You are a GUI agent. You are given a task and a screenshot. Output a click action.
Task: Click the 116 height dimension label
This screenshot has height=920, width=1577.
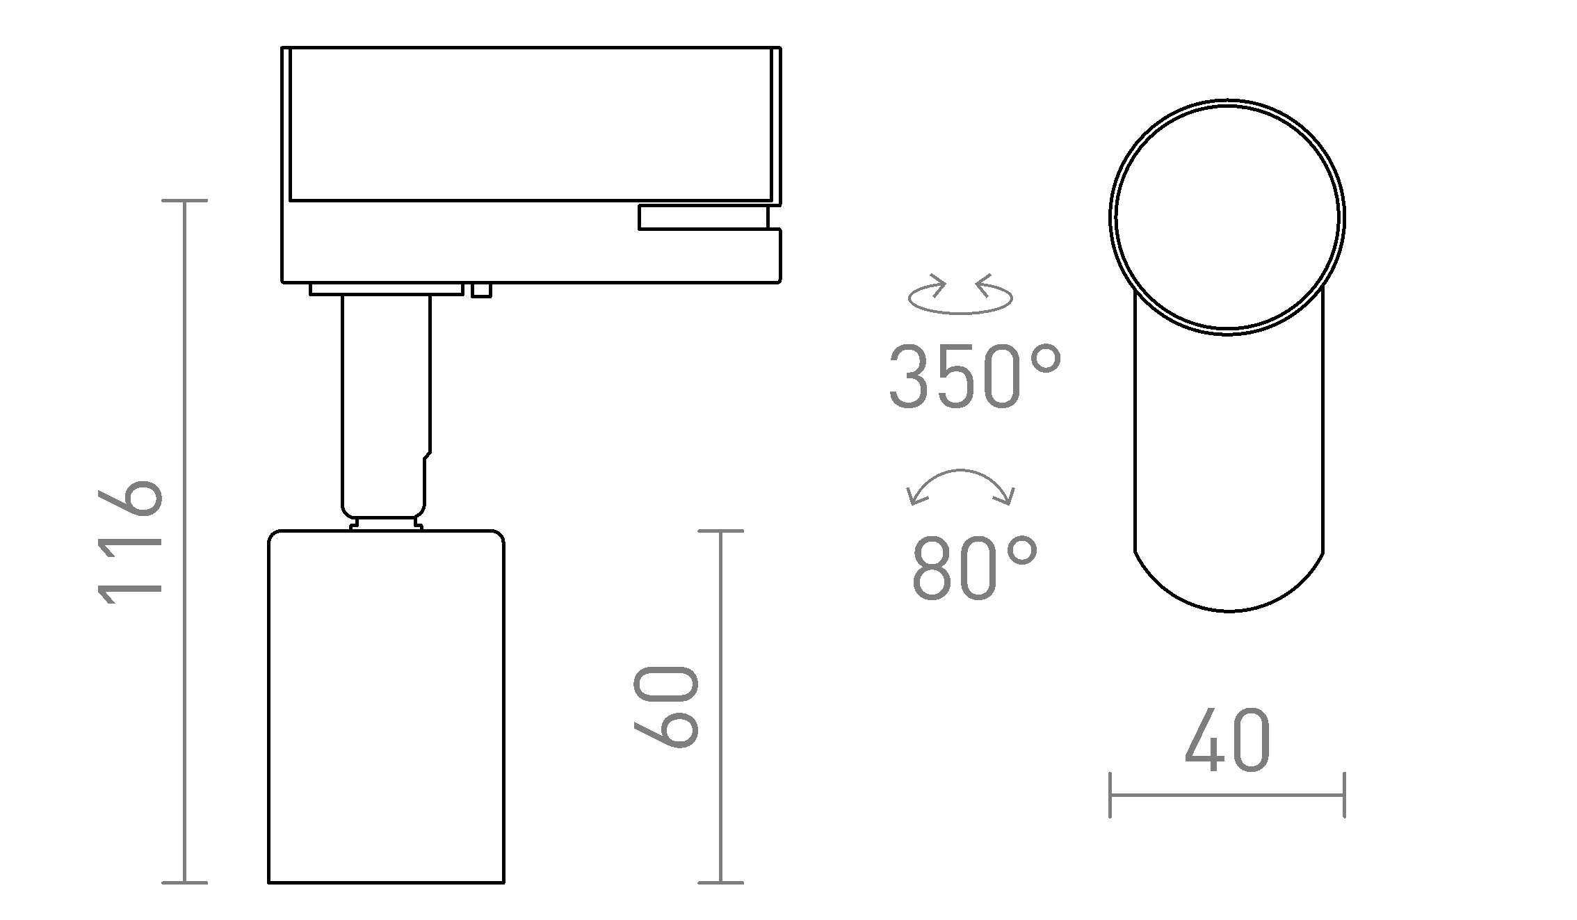coord(130,542)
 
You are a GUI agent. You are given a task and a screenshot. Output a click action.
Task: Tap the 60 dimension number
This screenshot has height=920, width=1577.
coord(666,707)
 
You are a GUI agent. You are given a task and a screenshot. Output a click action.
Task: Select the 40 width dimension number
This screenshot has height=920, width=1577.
coord(1227,742)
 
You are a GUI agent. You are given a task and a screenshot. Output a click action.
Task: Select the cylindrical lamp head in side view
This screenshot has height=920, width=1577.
coord(386,706)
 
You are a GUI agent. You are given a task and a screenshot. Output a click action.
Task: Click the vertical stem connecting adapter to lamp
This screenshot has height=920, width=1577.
coord(386,403)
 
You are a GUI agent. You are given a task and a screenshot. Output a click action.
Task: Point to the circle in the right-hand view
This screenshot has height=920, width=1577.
coord(1227,218)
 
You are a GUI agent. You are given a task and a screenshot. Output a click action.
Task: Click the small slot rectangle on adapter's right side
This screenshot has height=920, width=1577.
coord(702,217)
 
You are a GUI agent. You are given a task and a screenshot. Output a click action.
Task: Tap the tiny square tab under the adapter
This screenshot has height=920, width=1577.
coord(481,290)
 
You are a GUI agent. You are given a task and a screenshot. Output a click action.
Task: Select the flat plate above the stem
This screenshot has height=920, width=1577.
coord(386,289)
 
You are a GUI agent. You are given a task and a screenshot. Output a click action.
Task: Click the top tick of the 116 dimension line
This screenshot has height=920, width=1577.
coord(184,201)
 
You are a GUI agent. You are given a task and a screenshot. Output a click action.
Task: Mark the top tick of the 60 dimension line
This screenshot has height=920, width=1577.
coord(720,531)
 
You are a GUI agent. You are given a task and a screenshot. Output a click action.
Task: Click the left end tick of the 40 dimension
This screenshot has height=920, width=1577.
coord(1110,795)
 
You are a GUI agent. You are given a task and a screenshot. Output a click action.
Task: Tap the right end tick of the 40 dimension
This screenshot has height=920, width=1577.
coord(1344,795)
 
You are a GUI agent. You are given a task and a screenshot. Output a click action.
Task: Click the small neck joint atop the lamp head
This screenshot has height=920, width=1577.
coord(386,523)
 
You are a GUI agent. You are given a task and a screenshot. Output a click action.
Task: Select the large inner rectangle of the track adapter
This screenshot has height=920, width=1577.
coord(530,124)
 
